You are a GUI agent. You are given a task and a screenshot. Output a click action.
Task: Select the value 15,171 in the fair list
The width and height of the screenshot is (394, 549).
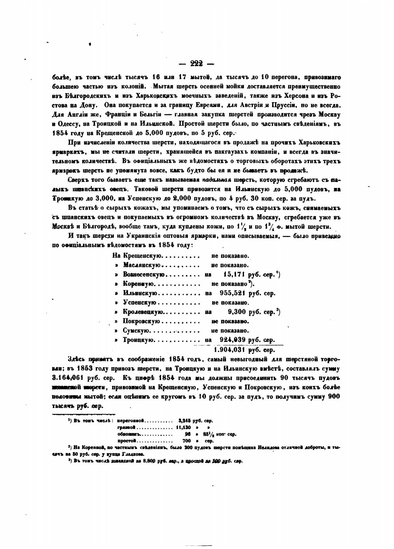tap(234, 275)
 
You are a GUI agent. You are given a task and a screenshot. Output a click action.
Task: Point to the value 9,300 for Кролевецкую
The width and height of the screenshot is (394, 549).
tap(237, 312)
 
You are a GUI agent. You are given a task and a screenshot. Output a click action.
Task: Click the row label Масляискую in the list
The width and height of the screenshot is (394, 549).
tap(142, 265)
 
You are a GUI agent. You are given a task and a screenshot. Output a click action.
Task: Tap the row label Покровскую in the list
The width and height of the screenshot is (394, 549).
tap(141, 321)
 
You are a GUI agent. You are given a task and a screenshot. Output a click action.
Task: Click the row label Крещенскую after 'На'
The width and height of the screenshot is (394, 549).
tap(142, 256)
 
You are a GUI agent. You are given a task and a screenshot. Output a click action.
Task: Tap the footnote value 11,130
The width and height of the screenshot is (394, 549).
tap(183, 427)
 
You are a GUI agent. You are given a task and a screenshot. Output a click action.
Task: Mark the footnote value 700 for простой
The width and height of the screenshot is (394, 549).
tap(186, 441)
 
